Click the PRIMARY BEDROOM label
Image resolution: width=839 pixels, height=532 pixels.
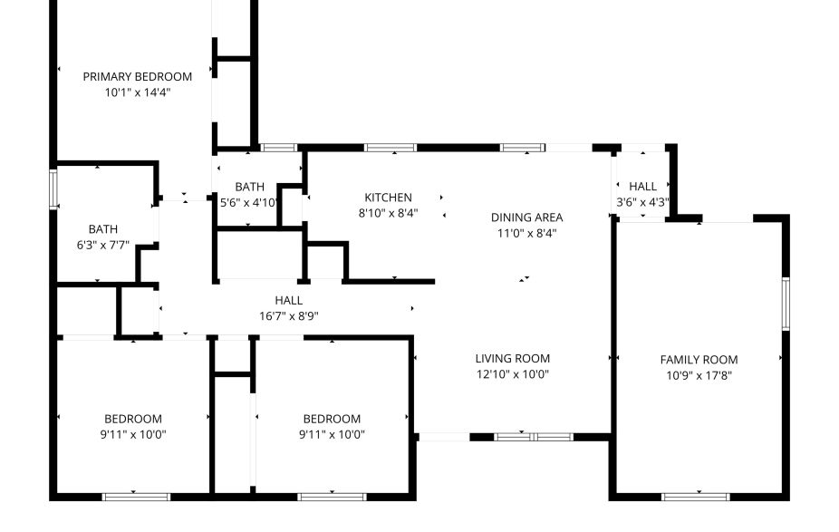click(x=138, y=77)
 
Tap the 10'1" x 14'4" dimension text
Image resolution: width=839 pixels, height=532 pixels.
click(x=138, y=92)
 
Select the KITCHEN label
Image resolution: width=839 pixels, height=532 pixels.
click(x=388, y=198)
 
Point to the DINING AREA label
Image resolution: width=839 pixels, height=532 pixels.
click(x=526, y=218)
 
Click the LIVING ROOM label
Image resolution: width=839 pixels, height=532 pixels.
click(x=513, y=358)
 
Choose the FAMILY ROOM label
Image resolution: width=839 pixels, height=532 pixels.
click(x=699, y=360)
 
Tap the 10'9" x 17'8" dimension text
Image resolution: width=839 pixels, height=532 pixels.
click(x=699, y=374)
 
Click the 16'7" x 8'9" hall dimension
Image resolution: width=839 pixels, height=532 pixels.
click(x=288, y=315)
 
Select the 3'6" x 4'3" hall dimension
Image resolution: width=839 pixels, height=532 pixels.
click(x=642, y=202)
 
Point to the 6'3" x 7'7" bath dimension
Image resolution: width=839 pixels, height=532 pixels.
click(x=103, y=244)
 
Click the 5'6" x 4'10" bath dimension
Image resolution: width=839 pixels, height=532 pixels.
click(x=249, y=202)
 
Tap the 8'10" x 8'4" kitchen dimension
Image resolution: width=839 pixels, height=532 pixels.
click(x=388, y=213)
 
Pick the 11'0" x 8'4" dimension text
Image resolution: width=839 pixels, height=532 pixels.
click(x=526, y=233)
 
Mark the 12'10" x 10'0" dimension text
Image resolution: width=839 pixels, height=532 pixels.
click(x=513, y=373)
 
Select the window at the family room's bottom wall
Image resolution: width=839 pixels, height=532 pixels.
click(x=696, y=496)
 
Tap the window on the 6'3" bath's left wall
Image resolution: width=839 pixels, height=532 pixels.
click(x=53, y=188)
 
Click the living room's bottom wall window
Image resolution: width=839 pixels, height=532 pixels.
click(x=535, y=437)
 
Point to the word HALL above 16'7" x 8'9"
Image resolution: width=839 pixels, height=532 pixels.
click(x=288, y=300)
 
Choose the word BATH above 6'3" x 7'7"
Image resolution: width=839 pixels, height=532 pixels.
click(x=103, y=229)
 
